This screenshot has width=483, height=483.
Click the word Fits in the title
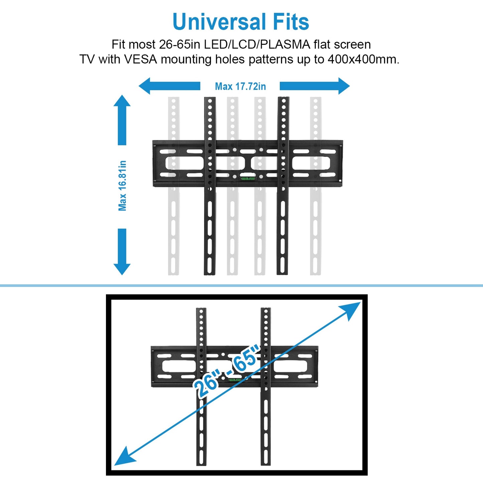pos(290,22)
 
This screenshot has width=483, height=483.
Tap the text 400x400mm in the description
pos(363,59)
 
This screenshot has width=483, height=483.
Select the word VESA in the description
pos(140,59)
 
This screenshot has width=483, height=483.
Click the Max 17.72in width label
pos(240,87)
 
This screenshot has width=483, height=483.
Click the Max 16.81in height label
pos(122,186)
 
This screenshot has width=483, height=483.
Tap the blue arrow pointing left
pos(169,86)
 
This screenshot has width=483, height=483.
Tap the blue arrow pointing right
pos(314,86)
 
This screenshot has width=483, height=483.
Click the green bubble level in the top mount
pos(247,178)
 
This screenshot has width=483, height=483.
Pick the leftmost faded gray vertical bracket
pos(173,227)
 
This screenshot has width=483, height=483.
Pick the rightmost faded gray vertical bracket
pos(316,227)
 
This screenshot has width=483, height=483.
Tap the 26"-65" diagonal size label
pos(227,371)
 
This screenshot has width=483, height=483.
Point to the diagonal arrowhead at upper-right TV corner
pos(352,309)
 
